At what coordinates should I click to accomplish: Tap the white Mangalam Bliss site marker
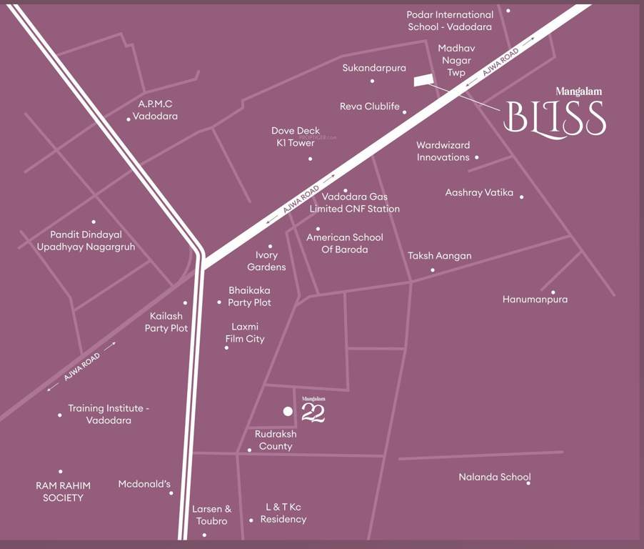click(x=424, y=80)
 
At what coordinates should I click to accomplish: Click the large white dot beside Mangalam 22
click(x=288, y=411)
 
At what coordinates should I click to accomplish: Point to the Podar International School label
click(x=450, y=21)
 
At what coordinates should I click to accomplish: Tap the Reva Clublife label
click(x=369, y=107)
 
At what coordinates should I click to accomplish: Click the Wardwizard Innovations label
click(x=443, y=151)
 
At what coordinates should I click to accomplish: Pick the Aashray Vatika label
click(x=479, y=192)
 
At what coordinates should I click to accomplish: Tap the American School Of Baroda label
click(x=345, y=243)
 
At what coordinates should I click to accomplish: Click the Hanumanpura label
click(x=535, y=300)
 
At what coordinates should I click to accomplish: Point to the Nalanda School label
click(x=495, y=477)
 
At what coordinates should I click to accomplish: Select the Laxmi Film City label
click(x=245, y=332)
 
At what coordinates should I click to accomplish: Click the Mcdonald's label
click(x=144, y=484)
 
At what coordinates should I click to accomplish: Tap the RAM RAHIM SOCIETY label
click(x=63, y=491)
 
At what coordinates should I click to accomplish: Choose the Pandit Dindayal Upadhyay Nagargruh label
click(x=86, y=240)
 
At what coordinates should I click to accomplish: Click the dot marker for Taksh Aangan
click(x=432, y=270)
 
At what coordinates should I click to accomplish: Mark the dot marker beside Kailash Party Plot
click(x=185, y=302)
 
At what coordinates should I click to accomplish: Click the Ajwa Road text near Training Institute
click(x=81, y=366)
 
